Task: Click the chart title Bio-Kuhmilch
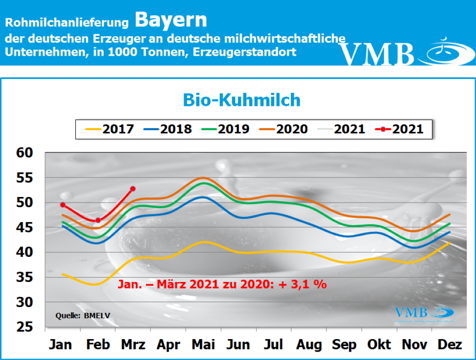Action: point(241,100)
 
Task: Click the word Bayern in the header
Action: point(171,20)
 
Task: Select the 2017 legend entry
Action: point(108,129)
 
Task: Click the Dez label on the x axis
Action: point(450,345)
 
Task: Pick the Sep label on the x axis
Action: point(344,345)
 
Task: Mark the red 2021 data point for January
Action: point(63,205)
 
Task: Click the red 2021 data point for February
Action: point(98,220)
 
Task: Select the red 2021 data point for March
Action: point(133,189)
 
